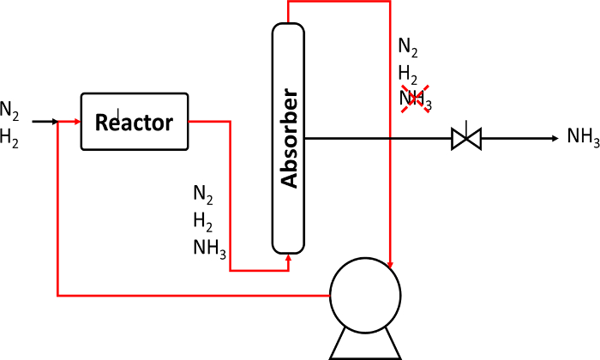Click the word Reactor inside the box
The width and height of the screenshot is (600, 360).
coord(134,122)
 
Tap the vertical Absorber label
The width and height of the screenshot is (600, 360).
coord(289,138)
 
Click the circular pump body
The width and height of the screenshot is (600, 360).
coord(365,296)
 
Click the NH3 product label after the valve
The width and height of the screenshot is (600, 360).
coord(583,136)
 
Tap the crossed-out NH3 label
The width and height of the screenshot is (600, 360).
coord(415,99)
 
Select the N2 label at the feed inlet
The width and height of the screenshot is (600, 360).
coord(9,111)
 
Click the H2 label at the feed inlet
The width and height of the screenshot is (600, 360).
coord(9,138)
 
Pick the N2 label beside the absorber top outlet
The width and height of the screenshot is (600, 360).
coord(408,47)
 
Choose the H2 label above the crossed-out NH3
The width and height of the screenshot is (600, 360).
coord(407,75)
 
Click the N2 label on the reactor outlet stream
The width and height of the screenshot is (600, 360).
coord(203,195)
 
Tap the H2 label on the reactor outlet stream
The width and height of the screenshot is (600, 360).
coord(203,222)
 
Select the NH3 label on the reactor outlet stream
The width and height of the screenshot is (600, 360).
coord(210,249)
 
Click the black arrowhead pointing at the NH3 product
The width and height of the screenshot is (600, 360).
coord(555,139)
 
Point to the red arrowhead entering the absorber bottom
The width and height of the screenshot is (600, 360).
coord(289,258)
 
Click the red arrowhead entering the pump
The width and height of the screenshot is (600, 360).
coord(390,265)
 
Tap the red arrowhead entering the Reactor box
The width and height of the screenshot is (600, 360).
coord(78,122)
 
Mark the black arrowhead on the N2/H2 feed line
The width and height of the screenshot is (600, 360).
coord(55,122)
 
